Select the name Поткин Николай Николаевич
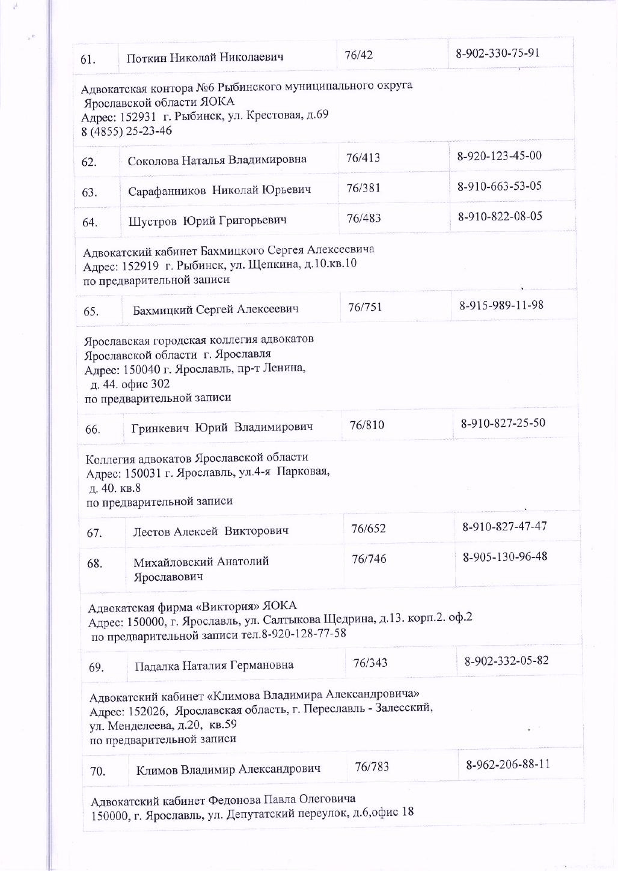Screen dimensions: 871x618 205,58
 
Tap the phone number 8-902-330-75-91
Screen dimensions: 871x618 498,53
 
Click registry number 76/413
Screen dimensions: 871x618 363,158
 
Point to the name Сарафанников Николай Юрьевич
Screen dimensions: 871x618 219,190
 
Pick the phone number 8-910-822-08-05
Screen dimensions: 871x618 500,216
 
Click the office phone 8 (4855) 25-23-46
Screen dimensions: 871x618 126,131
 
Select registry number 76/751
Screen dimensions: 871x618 365,307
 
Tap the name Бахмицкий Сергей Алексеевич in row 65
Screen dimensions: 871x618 216,310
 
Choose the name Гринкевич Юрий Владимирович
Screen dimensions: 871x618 222,428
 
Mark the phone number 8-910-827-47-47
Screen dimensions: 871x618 504,526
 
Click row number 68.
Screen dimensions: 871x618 94,563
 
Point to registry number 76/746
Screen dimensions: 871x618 369,559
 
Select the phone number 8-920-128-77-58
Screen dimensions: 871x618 303,633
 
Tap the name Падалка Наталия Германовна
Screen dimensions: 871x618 214,665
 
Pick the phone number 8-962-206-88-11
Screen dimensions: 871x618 508,764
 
